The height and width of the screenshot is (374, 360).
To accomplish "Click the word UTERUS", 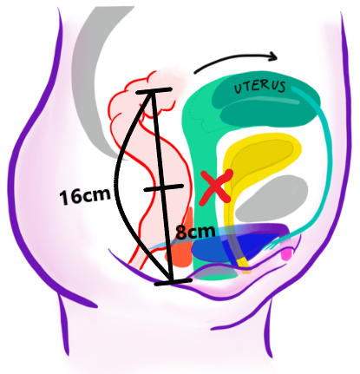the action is pos(259,87).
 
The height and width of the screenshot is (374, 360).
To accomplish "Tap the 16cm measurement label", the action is pos(85,196).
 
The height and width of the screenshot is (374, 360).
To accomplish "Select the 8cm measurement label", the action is pos(196,232).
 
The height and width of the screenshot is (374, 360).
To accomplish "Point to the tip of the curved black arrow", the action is pos(277,57).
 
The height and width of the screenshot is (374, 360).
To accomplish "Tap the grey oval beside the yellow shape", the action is pos(272,199).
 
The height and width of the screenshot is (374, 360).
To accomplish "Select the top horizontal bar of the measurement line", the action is pos(154,91).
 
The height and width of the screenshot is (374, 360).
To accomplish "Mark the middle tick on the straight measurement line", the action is pos(164,187).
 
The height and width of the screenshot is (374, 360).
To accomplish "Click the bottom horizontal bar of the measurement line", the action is pos(173,282).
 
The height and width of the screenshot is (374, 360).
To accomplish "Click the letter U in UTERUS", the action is pos(239,89).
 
